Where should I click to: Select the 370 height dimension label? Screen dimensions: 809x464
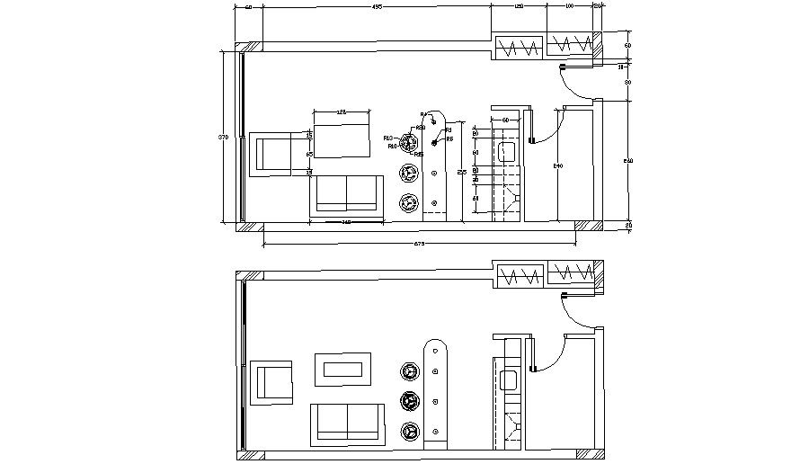223,137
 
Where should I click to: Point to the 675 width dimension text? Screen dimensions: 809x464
418,243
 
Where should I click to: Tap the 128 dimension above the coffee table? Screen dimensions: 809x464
341,112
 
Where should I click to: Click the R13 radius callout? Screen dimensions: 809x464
388,138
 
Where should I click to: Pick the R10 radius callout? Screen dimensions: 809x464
392,146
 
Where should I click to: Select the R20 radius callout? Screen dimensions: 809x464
421,128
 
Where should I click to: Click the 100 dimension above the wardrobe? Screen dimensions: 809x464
569,7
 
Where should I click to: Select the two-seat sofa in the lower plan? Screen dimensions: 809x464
346,424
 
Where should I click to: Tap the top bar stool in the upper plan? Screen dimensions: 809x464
411,143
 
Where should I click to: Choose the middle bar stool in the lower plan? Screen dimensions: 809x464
411,401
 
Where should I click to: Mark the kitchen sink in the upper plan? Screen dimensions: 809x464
505,150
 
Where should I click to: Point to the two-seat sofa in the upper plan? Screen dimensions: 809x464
346,194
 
